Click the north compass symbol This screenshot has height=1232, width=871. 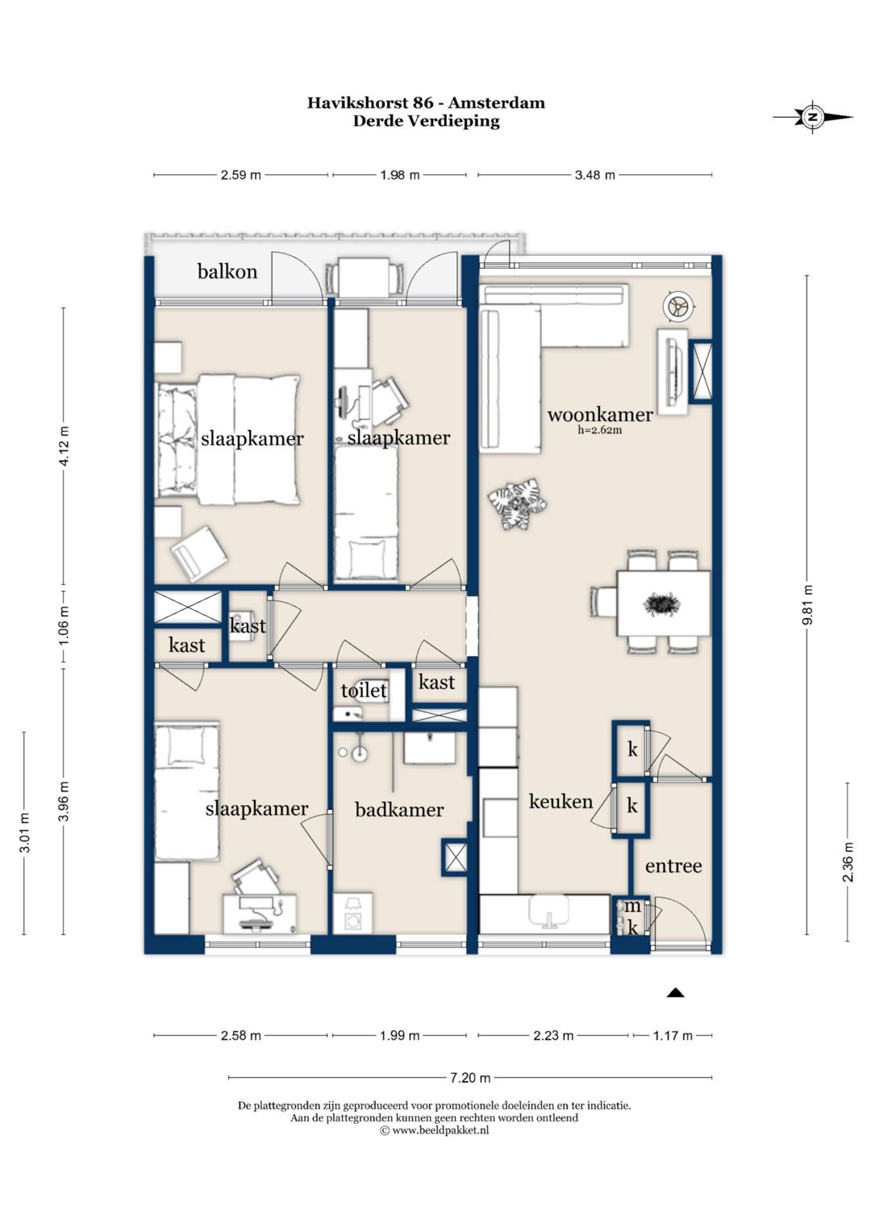(x=813, y=117)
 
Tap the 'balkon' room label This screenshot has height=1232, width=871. (x=227, y=271)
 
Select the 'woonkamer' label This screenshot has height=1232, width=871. (x=600, y=414)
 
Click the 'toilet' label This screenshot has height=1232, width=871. (x=364, y=691)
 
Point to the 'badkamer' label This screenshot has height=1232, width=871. (x=399, y=809)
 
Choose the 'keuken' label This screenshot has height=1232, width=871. (x=561, y=801)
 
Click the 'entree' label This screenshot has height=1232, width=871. (x=673, y=867)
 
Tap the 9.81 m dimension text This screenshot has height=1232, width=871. (x=808, y=605)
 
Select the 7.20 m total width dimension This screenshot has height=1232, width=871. (x=470, y=1077)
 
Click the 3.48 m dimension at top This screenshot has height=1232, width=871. (x=595, y=175)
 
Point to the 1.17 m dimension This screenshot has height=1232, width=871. (x=673, y=1036)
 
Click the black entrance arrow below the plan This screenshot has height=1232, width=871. (x=675, y=992)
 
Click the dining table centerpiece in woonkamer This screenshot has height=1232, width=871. (x=661, y=604)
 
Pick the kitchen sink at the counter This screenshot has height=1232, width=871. (x=548, y=911)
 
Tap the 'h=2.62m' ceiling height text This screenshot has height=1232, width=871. (x=599, y=430)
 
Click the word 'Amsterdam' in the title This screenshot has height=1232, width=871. (x=497, y=102)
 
